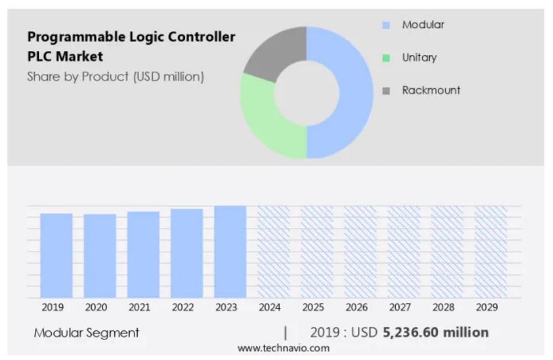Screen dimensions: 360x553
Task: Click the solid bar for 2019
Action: point(56,255)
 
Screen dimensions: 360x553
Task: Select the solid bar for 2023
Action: point(230,252)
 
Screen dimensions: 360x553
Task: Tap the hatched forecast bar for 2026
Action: point(360,252)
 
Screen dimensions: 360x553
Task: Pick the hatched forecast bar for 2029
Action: point(490,252)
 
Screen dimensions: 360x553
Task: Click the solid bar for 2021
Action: point(143,255)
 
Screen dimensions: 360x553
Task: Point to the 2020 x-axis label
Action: point(96,307)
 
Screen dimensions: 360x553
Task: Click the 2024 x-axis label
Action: point(270,307)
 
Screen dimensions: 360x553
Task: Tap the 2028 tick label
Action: point(443,307)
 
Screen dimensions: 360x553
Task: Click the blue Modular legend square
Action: point(386,25)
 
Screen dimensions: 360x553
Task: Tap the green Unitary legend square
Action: point(386,58)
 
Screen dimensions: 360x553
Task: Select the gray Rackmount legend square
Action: point(386,91)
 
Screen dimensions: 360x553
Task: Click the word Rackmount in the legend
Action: point(431,90)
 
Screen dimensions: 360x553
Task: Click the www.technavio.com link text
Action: point(283,348)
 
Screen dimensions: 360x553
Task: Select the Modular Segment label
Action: point(87,332)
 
